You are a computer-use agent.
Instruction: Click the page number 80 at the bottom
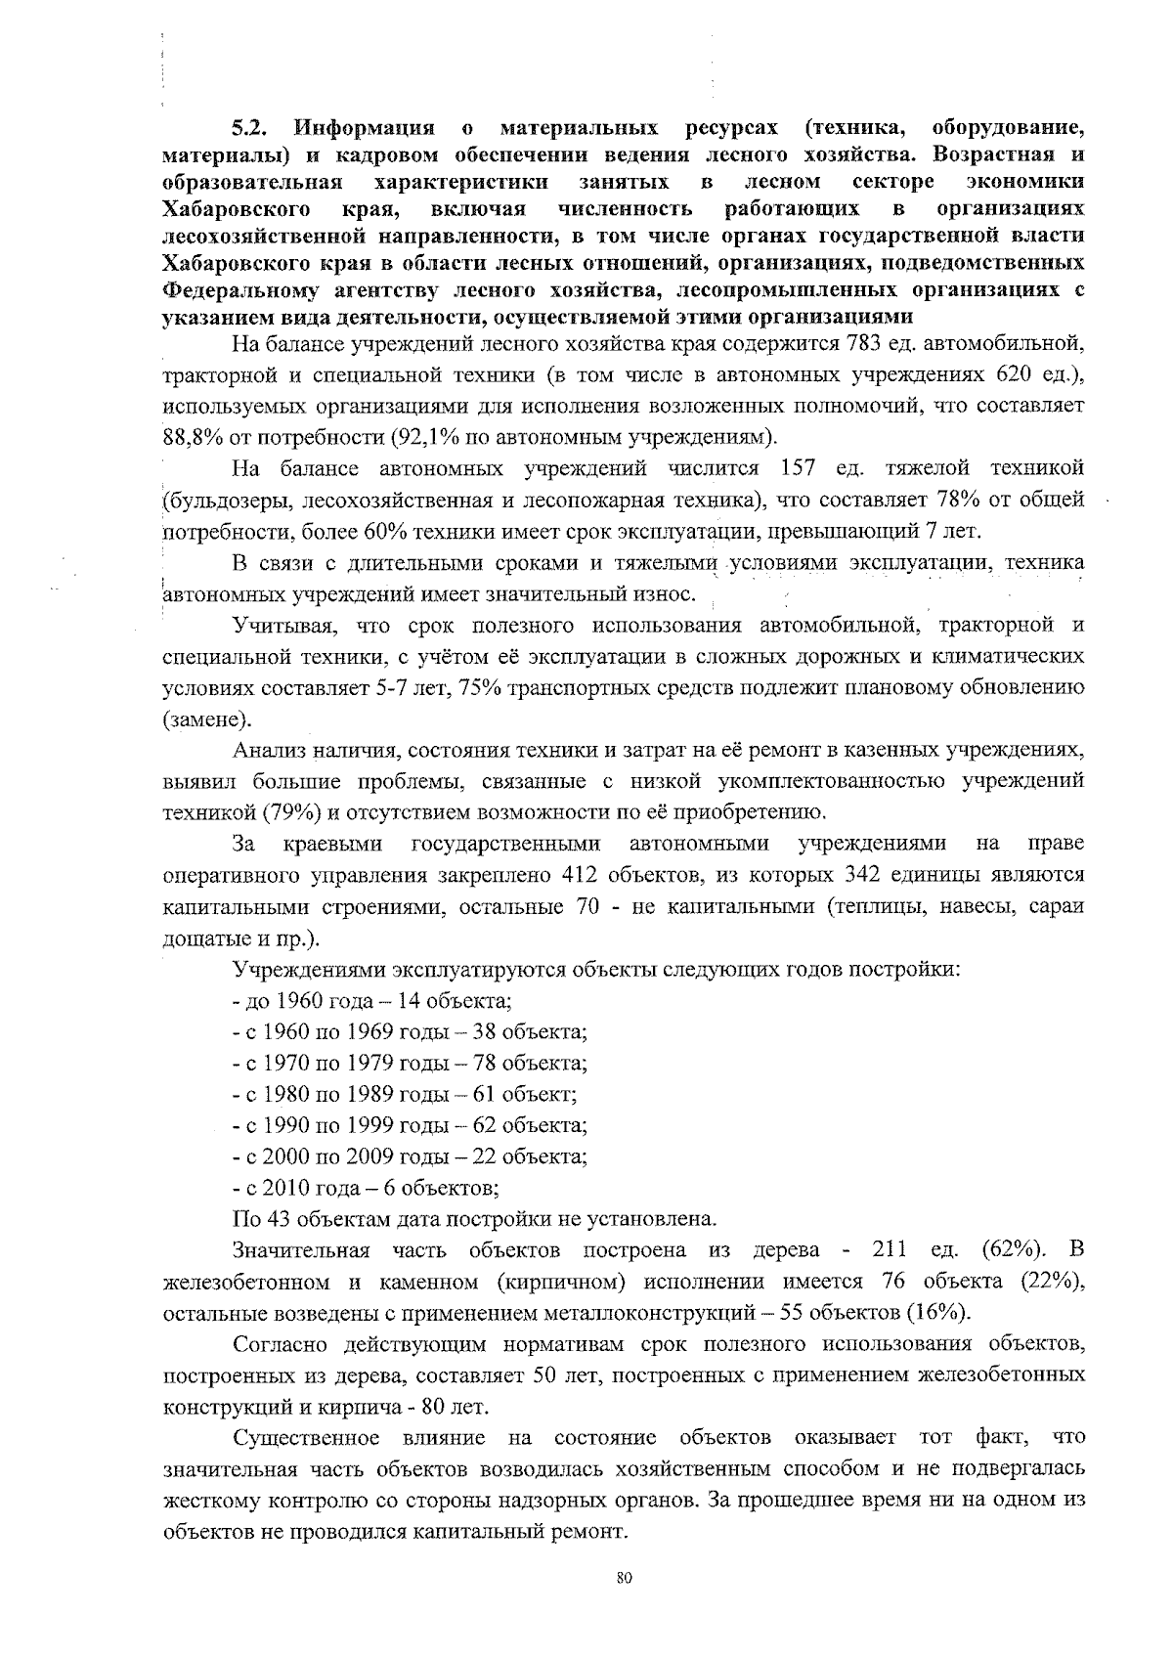(626, 1578)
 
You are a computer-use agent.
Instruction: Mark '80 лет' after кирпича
(456, 1407)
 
